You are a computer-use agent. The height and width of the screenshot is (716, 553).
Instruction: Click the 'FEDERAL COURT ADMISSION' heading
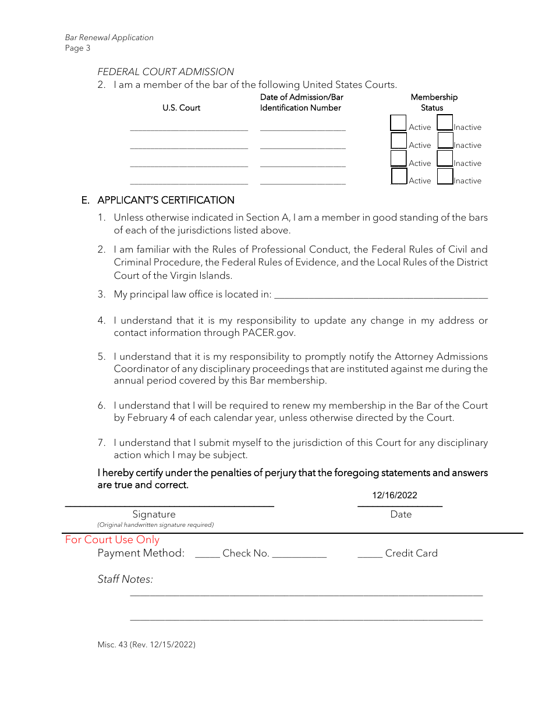pyautogui.click(x=165, y=72)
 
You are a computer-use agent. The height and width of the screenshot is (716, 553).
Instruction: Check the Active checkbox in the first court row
pyautogui.click(x=398, y=123)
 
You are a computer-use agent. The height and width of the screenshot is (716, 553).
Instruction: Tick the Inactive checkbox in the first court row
pyautogui.click(x=445, y=123)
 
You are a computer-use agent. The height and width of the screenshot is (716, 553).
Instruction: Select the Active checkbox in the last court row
pyautogui.click(x=399, y=176)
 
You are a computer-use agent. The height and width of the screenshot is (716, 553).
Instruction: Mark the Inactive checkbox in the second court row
pyautogui.click(x=445, y=141)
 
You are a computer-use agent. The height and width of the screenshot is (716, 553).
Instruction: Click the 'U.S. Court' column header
pyautogui.click(x=181, y=108)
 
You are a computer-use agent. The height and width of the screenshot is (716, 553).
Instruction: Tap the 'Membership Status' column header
pyautogui.click(x=434, y=102)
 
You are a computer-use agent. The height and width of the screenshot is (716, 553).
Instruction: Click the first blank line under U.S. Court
pyautogui.click(x=189, y=129)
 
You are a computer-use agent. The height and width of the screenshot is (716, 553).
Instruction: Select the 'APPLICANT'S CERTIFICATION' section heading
pyautogui.click(x=165, y=200)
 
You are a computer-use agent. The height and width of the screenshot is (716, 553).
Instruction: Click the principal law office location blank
pyautogui.click(x=381, y=296)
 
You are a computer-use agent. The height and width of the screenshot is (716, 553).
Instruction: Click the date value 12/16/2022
pyautogui.click(x=395, y=495)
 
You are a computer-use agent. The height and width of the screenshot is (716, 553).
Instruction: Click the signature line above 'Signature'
pyautogui.click(x=169, y=505)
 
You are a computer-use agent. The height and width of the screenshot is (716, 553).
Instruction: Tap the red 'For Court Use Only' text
pyautogui.click(x=112, y=540)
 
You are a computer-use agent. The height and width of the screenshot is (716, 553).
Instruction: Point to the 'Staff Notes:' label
pyautogui.click(x=125, y=579)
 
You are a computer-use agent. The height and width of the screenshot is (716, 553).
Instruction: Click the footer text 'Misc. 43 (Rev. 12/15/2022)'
pyautogui.click(x=146, y=644)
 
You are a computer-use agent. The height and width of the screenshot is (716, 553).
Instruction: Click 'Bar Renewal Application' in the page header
pyautogui.click(x=109, y=37)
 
